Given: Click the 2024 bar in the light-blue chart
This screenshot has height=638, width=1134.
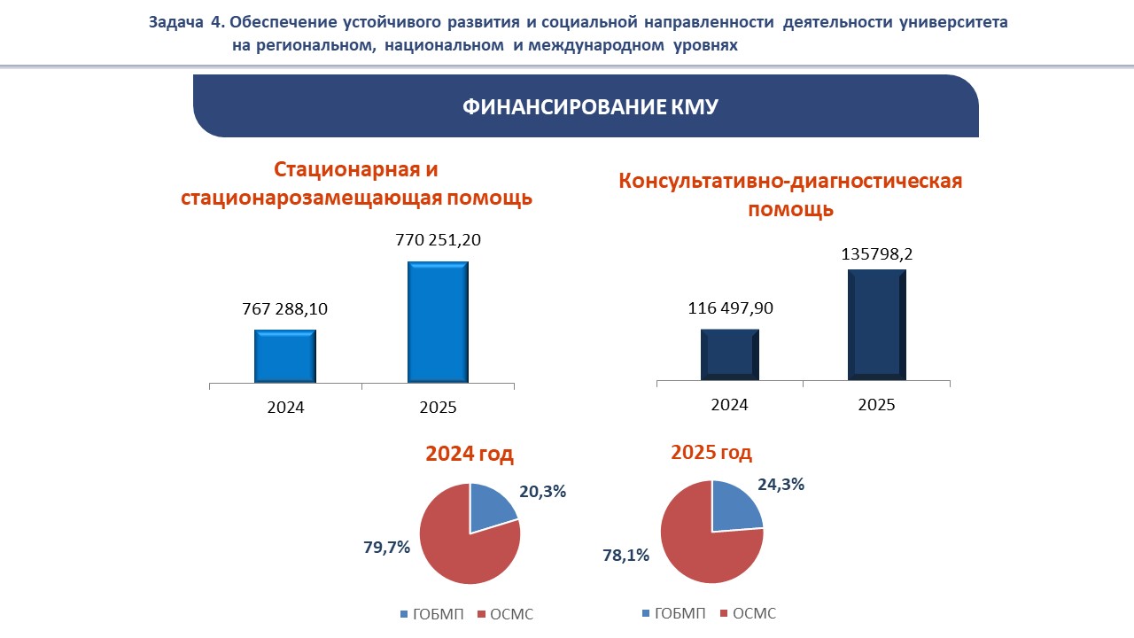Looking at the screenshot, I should pos(285,356).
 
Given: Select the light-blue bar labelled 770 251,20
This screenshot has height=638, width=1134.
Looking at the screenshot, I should pos(438,322).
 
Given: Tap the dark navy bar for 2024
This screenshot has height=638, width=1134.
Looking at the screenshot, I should pos(729,355).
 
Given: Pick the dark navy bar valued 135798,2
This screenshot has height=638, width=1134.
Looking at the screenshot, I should pos(876,325).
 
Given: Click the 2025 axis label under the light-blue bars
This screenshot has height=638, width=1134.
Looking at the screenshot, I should pos(438,408).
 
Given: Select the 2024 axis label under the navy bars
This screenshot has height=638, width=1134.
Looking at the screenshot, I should pos(729,405).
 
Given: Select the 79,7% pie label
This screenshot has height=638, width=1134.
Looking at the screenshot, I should pos(386,548).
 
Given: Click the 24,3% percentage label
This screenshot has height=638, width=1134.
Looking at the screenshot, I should pos(781,485).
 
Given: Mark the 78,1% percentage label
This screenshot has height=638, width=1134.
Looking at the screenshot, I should pos(627,556).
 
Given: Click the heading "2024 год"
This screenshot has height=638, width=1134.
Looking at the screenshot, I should pos(470,455).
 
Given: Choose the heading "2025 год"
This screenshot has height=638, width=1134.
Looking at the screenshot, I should pos(711,453).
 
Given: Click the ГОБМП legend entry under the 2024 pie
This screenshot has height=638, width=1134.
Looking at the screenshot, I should pos(431,614).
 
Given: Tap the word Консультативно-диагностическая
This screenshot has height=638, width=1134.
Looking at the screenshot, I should pos(790,182).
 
